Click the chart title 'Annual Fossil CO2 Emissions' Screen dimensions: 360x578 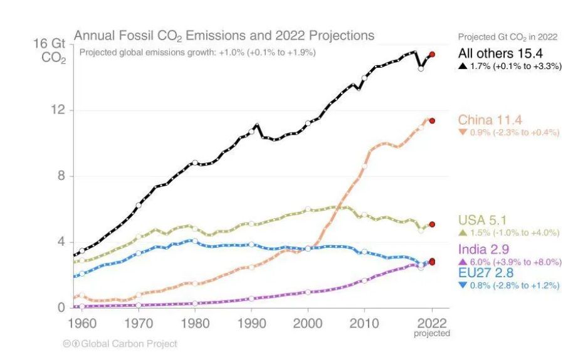pyautogui.click(x=224, y=35)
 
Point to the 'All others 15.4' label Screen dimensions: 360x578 pyautogui.click(x=500, y=52)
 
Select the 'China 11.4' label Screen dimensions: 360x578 pyautogui.click(x=490, y=120)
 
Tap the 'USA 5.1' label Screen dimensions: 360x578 pyautogui.click(x=483, y=220)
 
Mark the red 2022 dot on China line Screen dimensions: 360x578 pyautogui.click(x=432, y=120)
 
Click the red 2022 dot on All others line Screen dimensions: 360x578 pyautogui.click(x=432, y=55)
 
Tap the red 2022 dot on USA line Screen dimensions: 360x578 pyautogui.click(x=432, y=224)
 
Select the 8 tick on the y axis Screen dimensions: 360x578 pyautogui.click(x=61, y=176)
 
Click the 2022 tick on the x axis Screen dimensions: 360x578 pyautogui.click(x=431, y=324)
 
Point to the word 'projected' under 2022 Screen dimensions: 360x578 pyautogui.click(x=431, y=334)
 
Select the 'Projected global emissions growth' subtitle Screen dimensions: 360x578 pyautogui.click(x=197, y=52)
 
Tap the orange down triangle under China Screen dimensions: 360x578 pyautogui.click(x=463, y=133)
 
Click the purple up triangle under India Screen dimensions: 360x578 pyautogui.click(x=463, y=262)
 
